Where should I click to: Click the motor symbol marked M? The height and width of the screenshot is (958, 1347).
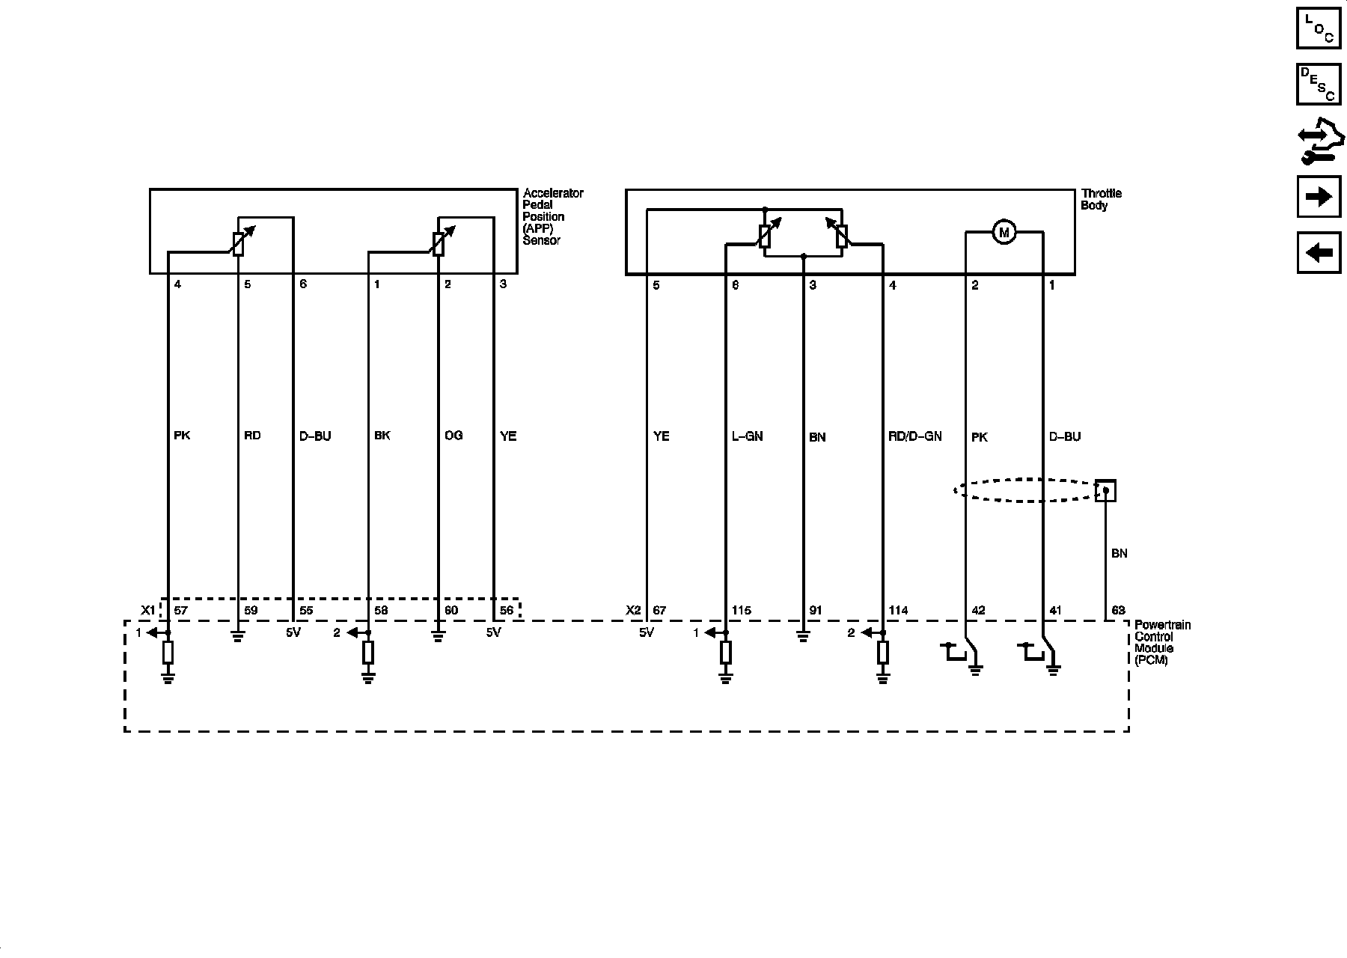pyautogui.click(x=1004, y=233)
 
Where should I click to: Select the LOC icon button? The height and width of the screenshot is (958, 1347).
pyautogui.click(x=1319, y=27)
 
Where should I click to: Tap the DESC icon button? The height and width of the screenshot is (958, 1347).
pyautogui.click(x=1319, y=83)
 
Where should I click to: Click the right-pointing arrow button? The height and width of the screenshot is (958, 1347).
pyautogui.click(x=1319, y=196)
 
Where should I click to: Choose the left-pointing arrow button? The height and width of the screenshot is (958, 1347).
pyautogui.click(x=1319, y=252)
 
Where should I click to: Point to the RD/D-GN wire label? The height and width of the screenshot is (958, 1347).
pyautogui.click(x=914, y=436)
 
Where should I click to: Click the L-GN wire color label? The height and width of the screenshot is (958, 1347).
pyautogui.click(x=747, y=436)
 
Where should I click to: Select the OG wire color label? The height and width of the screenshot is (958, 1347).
pyautogui.click(x=453, y=436)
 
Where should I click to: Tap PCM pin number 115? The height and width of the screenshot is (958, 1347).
pyautogui.click(x=741, y=611)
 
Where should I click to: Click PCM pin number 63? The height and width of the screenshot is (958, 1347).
pyautogui.click(x=1118, y=611)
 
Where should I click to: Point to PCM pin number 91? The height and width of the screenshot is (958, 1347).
pyautogui.click(x=815, y=611)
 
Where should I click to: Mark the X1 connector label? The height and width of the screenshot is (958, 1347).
pyautogui.click(x=147, y=611)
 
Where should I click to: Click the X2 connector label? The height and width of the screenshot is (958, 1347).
pyautogui.click(x=633, y=611)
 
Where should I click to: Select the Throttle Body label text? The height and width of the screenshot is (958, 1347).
pyautogui.click(x=1101, y=199)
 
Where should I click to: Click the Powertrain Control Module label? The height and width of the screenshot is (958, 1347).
pyautogui.click(x=1162, y=642)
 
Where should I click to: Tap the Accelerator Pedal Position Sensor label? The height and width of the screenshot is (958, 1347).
pyautogui.click(x=552, y=216)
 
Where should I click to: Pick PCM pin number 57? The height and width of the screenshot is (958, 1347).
pyautogui.click(x=180, y=611)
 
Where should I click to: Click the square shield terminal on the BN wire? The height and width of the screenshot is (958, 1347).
pyautogui.click(x=1105, y=491)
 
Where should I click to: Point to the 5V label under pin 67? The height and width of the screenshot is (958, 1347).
pyautogui.click(x=646, y=632)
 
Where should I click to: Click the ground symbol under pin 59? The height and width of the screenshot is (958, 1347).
pyautogui.click(x=237, y=638)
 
